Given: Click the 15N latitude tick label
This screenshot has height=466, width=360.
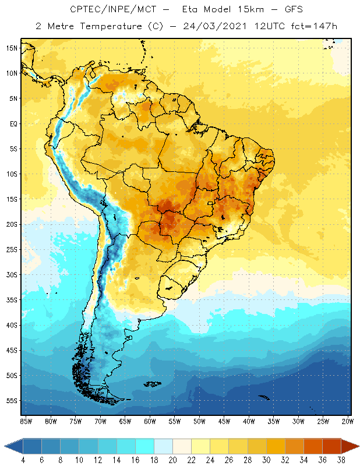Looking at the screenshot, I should click(x=12, y=48).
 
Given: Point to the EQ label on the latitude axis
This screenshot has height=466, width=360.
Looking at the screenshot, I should click(x=12, y=123).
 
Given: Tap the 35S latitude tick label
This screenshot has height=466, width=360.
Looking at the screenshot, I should click(x=12, y=300).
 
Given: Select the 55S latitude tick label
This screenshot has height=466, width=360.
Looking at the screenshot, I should click(x=12, y=401).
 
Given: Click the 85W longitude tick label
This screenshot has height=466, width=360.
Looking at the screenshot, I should click(x=26, y=421).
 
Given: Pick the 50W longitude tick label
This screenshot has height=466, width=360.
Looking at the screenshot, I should click(x=199, y=421).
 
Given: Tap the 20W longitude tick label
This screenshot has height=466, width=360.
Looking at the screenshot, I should click(x=348, y=421).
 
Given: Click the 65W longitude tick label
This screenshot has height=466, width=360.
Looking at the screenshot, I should click(x=125, y=421).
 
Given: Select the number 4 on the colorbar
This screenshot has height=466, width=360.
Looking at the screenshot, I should click(x=23, y=459).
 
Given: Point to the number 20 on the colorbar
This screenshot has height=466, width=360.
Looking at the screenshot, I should click(x=173, y=459).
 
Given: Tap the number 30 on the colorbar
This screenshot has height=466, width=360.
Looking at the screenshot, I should click(x=266, y=459).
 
